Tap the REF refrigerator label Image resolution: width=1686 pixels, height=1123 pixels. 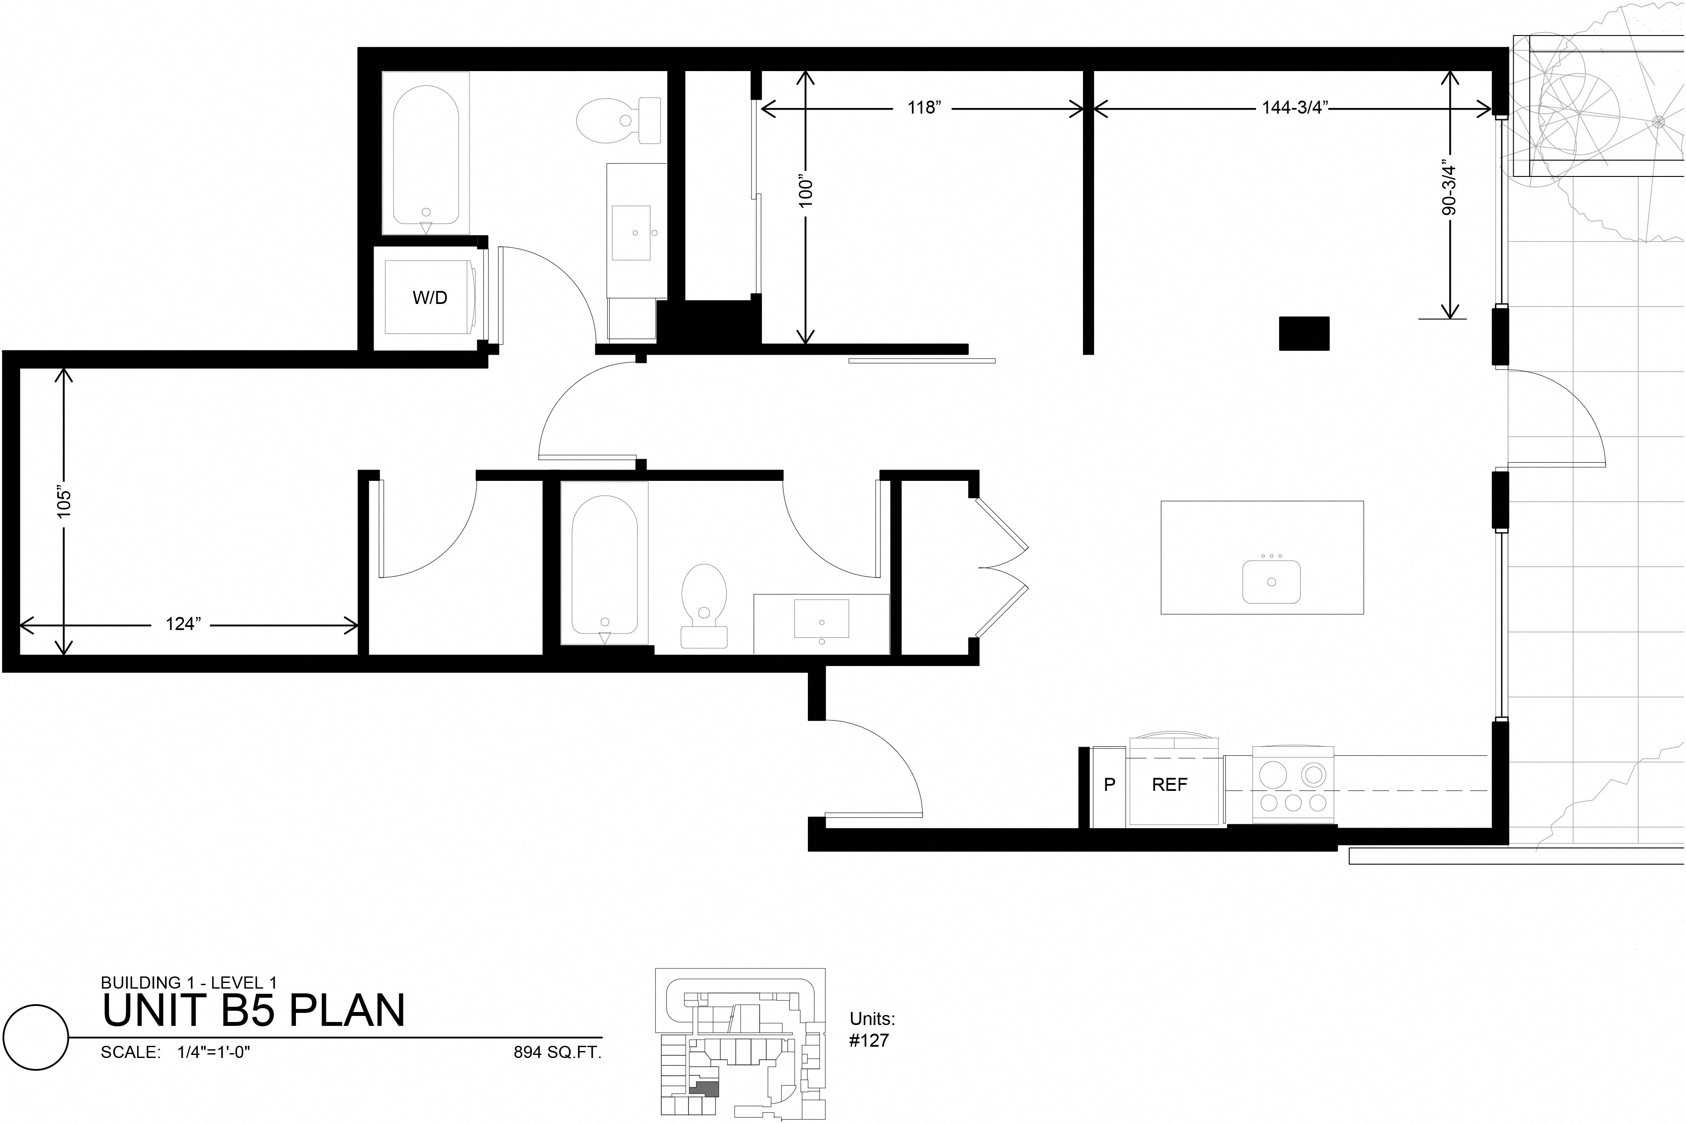tap(1169, 785)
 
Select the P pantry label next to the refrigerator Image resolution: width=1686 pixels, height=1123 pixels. tap(1109, 785)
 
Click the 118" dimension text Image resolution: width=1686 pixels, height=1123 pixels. tap(924, 108)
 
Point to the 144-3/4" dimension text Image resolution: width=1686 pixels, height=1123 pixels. tap(1296, 108)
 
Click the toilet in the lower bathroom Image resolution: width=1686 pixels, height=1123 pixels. tap(704, 606)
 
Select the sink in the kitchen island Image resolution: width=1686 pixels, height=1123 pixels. tap(1271, 581)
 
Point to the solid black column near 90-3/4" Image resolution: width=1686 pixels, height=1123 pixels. tap(1304, 334)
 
